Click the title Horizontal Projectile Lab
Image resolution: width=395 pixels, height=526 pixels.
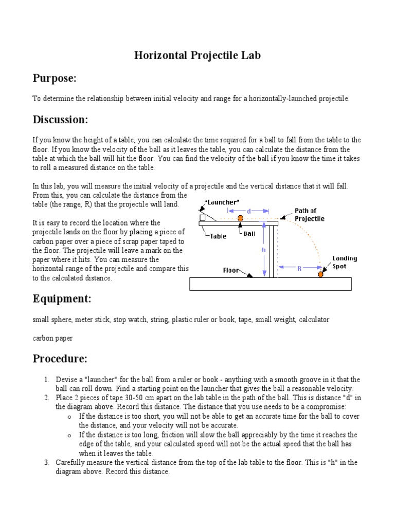197,55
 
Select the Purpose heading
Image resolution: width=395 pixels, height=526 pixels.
55,78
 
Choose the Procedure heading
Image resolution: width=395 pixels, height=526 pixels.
60,358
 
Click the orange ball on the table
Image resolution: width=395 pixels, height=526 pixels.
240,218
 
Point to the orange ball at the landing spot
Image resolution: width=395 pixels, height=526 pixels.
320,274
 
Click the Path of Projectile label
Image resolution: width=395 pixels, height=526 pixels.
309,215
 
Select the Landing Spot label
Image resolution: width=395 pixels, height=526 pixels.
345,262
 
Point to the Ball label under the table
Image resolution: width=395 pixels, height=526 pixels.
250,233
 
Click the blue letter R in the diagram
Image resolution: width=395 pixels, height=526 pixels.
299,268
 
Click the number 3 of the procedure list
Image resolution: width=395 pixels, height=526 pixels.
46,463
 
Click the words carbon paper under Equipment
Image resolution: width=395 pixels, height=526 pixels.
52,338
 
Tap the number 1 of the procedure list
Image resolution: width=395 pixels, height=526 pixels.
46,380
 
